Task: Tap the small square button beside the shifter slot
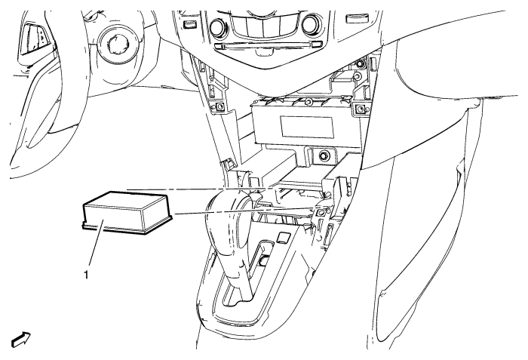pos(283,238)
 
